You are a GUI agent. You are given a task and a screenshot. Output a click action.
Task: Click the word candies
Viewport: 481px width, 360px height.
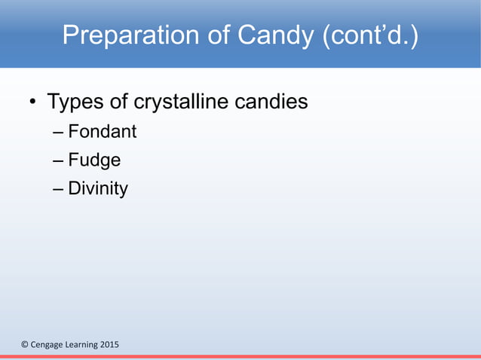click(275, 101)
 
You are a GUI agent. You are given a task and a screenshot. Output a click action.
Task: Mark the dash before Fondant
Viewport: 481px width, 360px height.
click(59, 133)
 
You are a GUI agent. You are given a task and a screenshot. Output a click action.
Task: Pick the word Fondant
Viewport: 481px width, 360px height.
click(103, 132)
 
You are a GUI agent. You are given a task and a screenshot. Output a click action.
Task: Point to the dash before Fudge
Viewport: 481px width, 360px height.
click(59, 161)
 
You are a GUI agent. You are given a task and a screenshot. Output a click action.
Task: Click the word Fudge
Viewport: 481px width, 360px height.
click(94, 160)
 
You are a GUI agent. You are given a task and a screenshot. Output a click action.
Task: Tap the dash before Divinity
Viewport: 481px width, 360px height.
click(59, 188)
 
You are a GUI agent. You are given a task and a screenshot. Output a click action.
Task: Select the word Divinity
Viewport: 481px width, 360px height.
click(98, 188)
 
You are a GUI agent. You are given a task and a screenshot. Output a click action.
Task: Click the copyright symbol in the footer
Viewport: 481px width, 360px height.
click(24, 345)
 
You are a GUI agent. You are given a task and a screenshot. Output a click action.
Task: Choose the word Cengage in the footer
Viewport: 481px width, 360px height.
click(46, 345)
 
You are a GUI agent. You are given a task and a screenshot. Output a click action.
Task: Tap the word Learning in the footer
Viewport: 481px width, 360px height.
click(80, 345)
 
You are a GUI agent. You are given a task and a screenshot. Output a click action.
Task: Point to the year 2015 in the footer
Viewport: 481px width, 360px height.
click(109, 345)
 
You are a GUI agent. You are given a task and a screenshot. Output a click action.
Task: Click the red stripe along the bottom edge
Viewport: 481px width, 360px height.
click(240, 357)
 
